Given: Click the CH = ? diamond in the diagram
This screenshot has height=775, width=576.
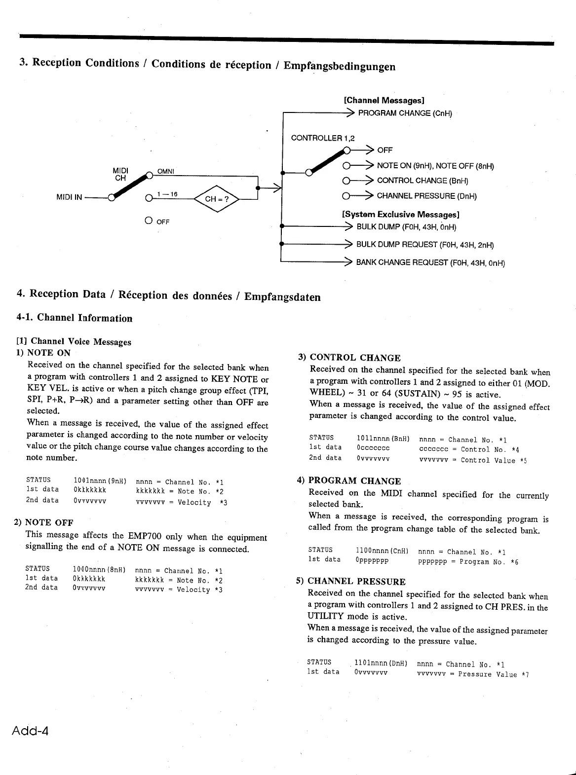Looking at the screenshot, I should pos(218,199).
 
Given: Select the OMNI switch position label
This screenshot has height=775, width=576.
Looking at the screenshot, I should pos(166,171).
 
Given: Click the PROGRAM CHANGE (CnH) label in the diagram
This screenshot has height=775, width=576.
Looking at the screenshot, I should pos(405,113).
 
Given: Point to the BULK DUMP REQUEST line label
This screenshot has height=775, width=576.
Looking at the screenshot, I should pos(425,245).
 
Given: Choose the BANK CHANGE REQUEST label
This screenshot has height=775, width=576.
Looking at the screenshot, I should pos(430,262).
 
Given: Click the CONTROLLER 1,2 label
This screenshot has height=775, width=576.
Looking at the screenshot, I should pos(323,138).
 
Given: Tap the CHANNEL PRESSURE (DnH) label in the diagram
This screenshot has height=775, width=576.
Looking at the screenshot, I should pos(427,196).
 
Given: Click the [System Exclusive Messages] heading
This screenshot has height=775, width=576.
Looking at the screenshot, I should pos(401,215).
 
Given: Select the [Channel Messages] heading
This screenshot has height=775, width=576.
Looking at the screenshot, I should pos(384,101).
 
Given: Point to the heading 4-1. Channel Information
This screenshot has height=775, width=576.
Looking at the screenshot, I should pos(74,318).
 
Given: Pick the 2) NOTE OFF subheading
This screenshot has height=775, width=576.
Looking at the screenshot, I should pos(44,522).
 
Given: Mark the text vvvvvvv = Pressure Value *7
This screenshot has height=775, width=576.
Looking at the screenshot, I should pos(473,674).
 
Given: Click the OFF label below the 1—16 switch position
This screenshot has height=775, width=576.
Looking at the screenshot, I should pos(162,221).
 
